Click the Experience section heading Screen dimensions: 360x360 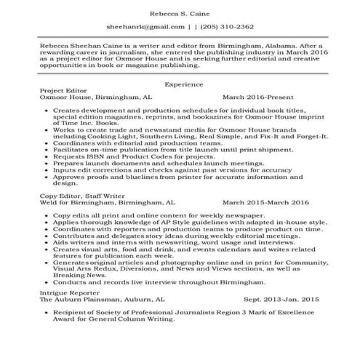coord(180,84)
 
